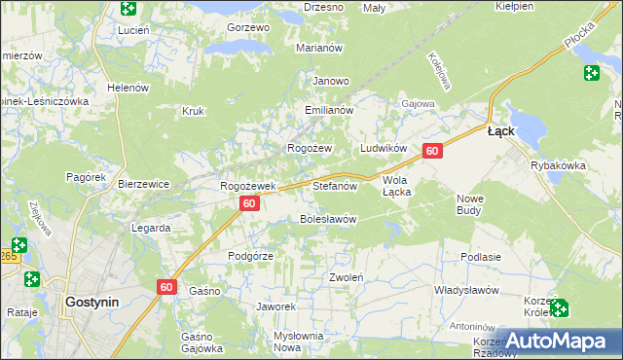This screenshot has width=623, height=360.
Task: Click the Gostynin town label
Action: [x=92, y=302]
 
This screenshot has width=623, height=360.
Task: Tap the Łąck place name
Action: [x=500, y=130]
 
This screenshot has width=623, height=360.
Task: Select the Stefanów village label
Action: [x=336, y=184]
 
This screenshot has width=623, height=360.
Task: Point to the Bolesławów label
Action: [x=328, y=219]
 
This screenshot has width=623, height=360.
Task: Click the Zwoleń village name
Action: [x=346, y=277]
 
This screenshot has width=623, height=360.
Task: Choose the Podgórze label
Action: [x=250, y=255]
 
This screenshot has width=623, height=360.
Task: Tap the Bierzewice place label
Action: [x=144, y=184]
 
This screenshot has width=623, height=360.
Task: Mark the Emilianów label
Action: [x=328, y=111]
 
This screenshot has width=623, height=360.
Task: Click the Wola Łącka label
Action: [x=402, y=186]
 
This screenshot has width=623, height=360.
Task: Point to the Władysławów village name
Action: [x=466, y=291]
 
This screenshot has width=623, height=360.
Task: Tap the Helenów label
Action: [x=128, y=87]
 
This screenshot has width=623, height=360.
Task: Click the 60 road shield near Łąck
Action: [x=433, y=151]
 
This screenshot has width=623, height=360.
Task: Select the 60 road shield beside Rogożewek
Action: [x=249, y=203]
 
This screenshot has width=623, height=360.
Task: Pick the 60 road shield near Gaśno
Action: [x=165, y=286]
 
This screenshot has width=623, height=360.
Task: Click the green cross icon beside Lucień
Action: [x=128, y=9]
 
